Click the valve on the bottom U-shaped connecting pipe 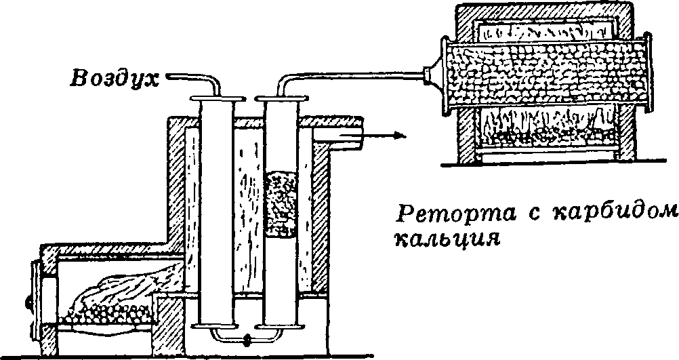coord(247,337)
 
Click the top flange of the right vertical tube coord(280,100)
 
